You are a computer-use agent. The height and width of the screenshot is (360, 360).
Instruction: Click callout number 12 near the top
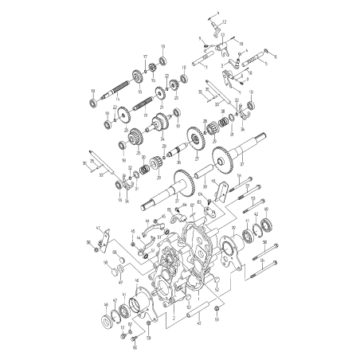tap(224, 22)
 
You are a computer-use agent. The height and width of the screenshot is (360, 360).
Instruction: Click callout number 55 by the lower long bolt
tap(262, 260)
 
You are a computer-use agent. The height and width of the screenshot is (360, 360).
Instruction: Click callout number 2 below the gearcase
tap(171, 317)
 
